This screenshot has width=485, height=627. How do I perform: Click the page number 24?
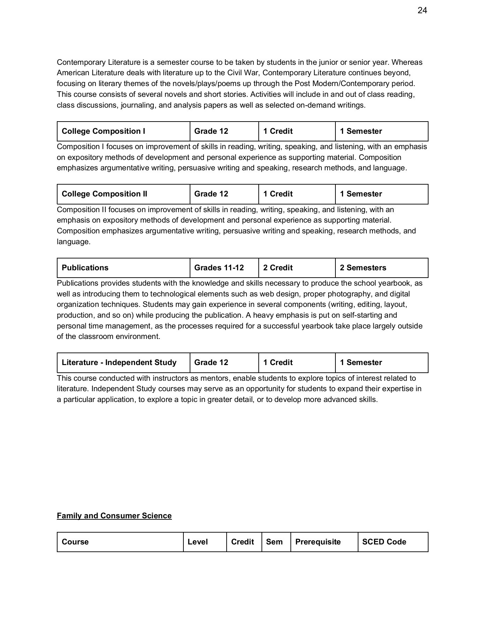pyautogui.click(x=422, y=11)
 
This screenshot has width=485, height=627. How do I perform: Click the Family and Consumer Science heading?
pyautogui.click(x=114, y=516)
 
